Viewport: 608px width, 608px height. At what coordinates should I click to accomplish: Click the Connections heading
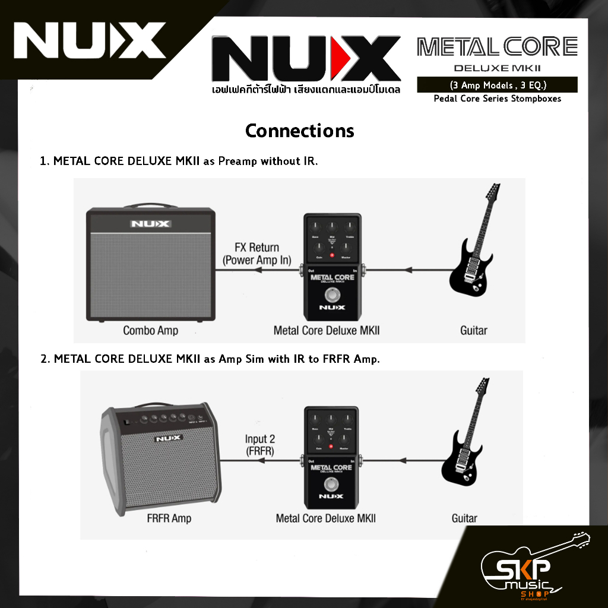point(299,131)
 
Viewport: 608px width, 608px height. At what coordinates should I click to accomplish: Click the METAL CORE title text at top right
point(497,46)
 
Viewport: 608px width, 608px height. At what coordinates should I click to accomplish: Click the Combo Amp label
point(150,330)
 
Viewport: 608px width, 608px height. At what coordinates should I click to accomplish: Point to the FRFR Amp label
point(169,518)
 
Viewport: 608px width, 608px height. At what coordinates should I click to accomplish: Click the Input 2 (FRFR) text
point(260,445)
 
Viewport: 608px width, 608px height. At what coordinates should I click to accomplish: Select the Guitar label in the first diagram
point(473,330)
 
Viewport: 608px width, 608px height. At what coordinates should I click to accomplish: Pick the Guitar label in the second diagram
point(464,518)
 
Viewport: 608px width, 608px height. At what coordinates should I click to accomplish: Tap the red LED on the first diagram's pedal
point(332,256)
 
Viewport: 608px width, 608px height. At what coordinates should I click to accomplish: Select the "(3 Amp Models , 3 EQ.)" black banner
point(497,84)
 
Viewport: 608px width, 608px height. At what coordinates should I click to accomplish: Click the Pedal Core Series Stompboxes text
point(497,99)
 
